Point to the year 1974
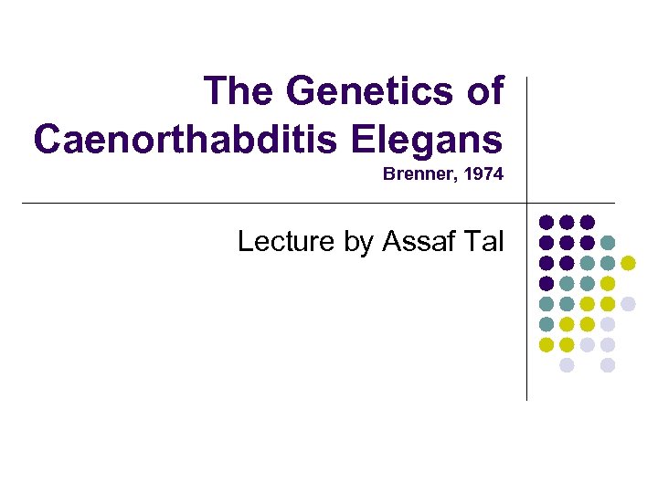coord(483,173)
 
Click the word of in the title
coord(484,91)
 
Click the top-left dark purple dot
coord(547,222)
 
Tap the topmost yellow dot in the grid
coord(629,263)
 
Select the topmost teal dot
coord(608,243)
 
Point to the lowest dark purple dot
coord(547,283)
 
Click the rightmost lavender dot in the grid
coord(629,304)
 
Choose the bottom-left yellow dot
coord(547,344)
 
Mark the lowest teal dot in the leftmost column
coord(547,324)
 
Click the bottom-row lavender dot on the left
coord(567,365)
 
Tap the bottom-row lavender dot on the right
coord(608,365)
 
